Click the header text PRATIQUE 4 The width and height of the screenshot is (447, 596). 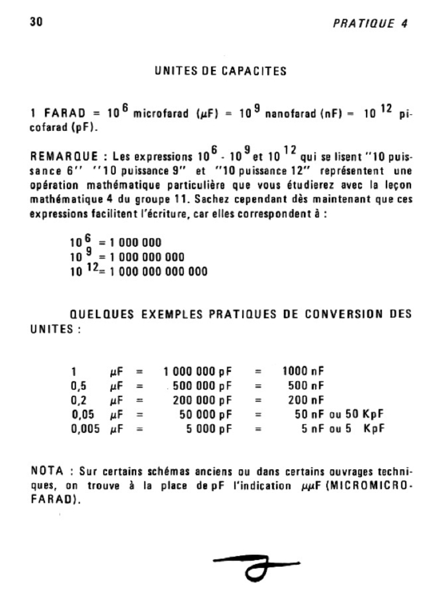370,24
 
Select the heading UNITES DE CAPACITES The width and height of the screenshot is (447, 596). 221,72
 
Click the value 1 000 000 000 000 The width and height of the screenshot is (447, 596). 157,271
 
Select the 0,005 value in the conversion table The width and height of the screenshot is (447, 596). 85,430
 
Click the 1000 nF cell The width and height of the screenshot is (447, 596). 303,371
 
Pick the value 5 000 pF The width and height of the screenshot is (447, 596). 209,430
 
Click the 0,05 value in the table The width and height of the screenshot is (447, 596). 83,415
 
